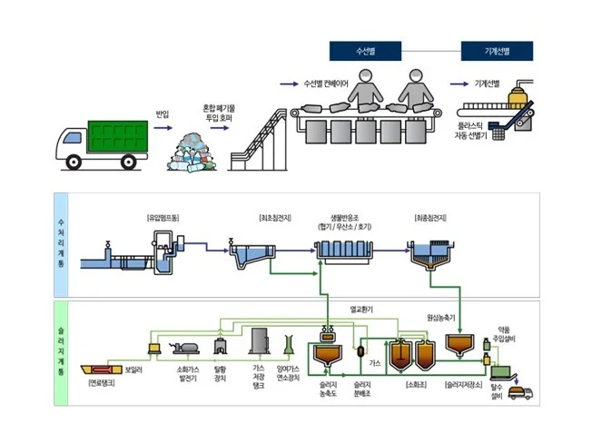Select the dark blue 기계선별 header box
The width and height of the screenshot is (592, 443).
tap(496, 51)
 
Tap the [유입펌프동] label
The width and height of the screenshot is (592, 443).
tap(164, 218)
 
